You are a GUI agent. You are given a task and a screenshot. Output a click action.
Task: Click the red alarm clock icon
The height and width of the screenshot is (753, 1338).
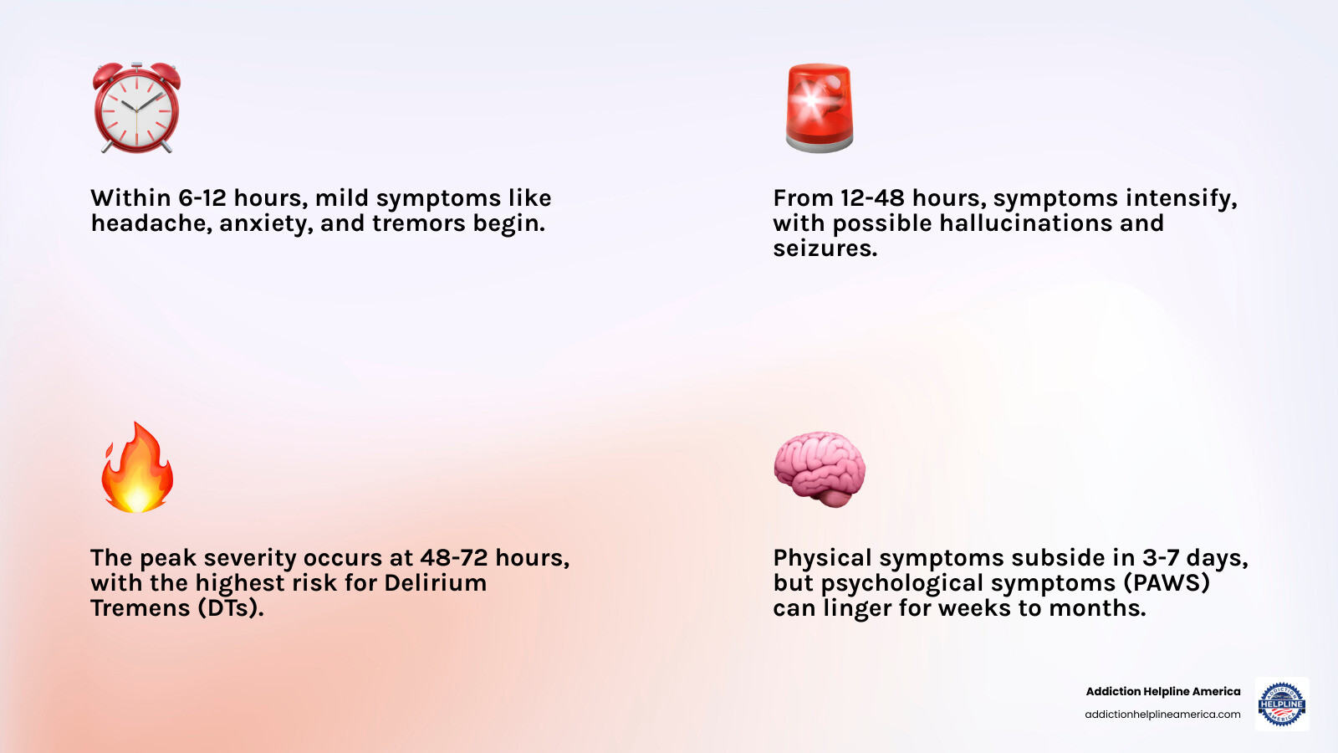pyautogui.click(x=136, y=109)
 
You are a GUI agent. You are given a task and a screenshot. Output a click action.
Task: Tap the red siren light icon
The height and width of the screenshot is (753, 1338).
pyautogui.click(x=820, y=108)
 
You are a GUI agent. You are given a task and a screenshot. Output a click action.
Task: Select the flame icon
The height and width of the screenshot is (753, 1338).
pyautogui.click(x=137, y=468)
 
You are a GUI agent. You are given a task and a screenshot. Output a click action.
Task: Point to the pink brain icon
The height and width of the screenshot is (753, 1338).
pyautogui.click(x=820, y=469)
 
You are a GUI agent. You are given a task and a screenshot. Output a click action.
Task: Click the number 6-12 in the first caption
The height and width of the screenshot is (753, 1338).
pyautogui.click(x=202, y=198)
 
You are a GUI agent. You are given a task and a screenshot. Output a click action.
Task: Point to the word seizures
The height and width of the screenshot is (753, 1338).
pyautogui.click(x=825, y=248)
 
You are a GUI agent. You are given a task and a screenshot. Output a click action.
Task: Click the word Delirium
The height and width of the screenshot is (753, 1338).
pyautogui.click(x=435, y=583)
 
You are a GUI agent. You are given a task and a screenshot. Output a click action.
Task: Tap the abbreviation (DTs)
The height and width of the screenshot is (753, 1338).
pyautogui.click(x=231, y=608)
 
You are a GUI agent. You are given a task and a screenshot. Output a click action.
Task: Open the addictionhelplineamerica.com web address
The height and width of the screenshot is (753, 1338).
pyautogui.click(x=1162, y=715)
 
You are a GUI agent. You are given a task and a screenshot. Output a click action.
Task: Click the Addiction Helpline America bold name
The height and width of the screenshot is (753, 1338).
pyautogui.click(x=1162, y=691)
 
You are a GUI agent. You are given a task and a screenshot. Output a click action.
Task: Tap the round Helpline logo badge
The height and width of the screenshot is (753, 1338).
pyautogui.click(x=1282, y=704)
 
